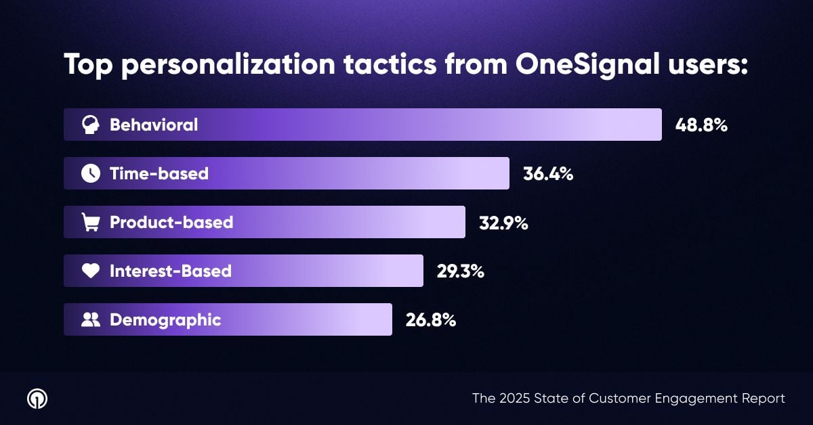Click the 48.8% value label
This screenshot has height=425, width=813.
tap(701, 125)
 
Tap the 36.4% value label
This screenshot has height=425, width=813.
tap(548, 174)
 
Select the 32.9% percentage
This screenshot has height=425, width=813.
tap(503, 223)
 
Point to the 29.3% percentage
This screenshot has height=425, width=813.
tap(460, 271)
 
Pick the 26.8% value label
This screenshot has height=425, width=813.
tap(431, 320)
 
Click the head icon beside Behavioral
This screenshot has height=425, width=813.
tap(90, 125)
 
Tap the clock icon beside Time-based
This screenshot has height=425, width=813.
tap(90, 174)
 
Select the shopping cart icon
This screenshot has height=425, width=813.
tap(90, 223)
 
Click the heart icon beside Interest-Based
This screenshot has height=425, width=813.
tap(90, 271)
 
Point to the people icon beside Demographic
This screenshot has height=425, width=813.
tap(90, 320)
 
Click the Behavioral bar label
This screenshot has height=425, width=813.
tap(154, 125)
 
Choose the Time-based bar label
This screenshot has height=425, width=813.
tap(159, 174)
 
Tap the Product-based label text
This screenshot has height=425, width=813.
tap(171, 223)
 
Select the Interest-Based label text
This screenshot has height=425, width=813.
tap(171, 271)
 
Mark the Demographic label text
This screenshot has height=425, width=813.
tap(165, 320)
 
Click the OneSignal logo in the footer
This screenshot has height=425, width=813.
tap(37, 399)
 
